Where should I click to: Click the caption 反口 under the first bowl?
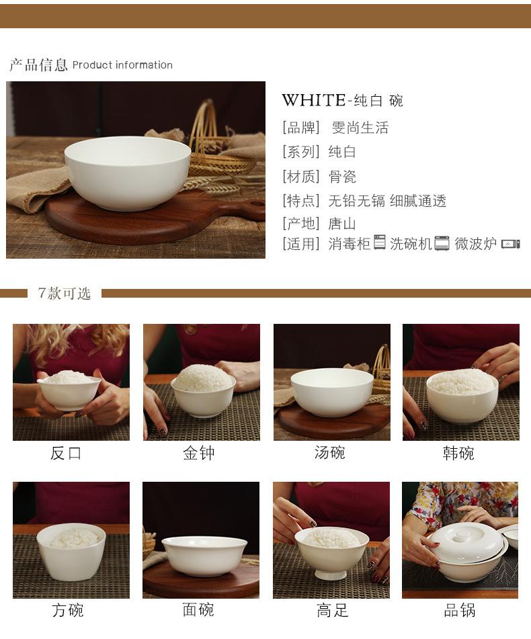[x=66, y=453]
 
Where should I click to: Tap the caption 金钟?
[x=199, y=453]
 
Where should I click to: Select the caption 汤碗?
[x=329, y=452]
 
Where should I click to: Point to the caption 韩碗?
[x=458, y=453]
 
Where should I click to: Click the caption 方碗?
[x=68, y=610]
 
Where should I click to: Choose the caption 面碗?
[x=198, y=609]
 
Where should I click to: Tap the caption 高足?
[x=332, y=610]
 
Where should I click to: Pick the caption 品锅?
[x=460, y=610]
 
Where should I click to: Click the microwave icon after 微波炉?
[x=511, y=244]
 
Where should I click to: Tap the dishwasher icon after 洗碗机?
[x=442, y=243]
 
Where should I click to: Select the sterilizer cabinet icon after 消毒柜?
[x=379, y=242]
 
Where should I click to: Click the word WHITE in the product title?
[x=314, y=100]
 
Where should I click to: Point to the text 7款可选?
[x=64, y=293]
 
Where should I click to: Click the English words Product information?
[x=122, y=65]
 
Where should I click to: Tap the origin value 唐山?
[x=342, y=224]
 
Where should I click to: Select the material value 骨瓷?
[x=342, y=177]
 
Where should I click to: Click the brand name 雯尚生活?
[x=360, y=128]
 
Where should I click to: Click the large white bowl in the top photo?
[x=128, y=173]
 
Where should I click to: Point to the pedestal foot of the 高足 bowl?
[x=331, y=574]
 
